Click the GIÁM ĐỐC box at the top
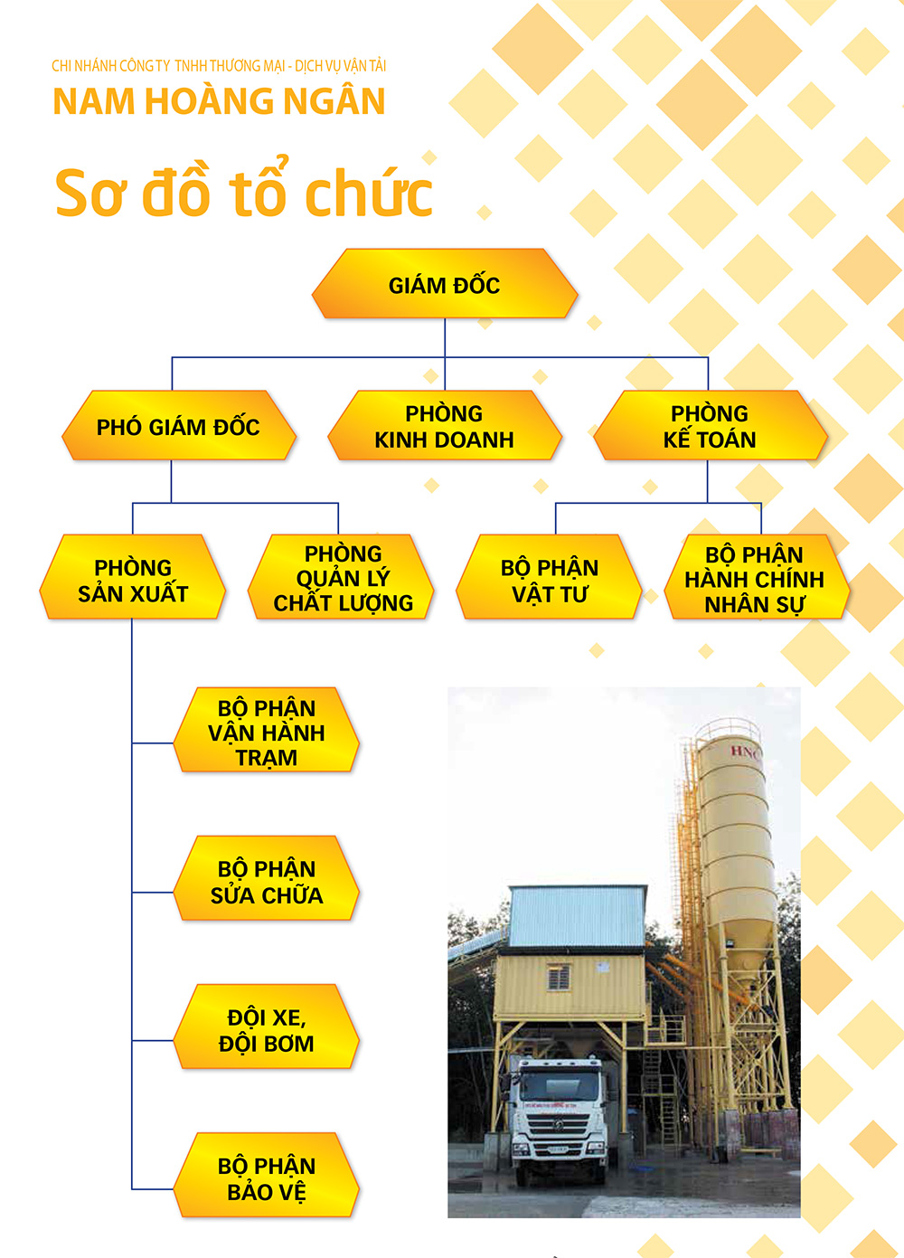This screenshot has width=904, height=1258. pos(445,284)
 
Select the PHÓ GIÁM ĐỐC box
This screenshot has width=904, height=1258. pos(179,425)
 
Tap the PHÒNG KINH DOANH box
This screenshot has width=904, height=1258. pos(445,425)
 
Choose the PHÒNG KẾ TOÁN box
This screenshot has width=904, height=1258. pos(711,425)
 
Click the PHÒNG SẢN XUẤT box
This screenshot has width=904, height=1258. pos(133,577)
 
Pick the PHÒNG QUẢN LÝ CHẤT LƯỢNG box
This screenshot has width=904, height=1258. pos(341,577)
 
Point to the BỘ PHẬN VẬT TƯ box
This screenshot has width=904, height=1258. pos(549,577)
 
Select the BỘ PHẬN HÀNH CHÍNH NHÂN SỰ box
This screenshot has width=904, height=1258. pos(757,577)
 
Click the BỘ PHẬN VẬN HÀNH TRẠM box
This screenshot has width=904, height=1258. pos(266,730)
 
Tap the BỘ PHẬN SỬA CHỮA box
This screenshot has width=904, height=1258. pos(266,878)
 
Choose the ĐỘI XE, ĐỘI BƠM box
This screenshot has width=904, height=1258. pos(266,1026)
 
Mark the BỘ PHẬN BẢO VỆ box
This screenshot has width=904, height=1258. pos(266,1175)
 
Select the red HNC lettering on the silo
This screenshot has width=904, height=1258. pos(745,752)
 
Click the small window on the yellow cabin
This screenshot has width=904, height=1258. pos(558,979)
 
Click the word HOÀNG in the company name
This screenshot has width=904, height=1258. pos(210,101)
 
